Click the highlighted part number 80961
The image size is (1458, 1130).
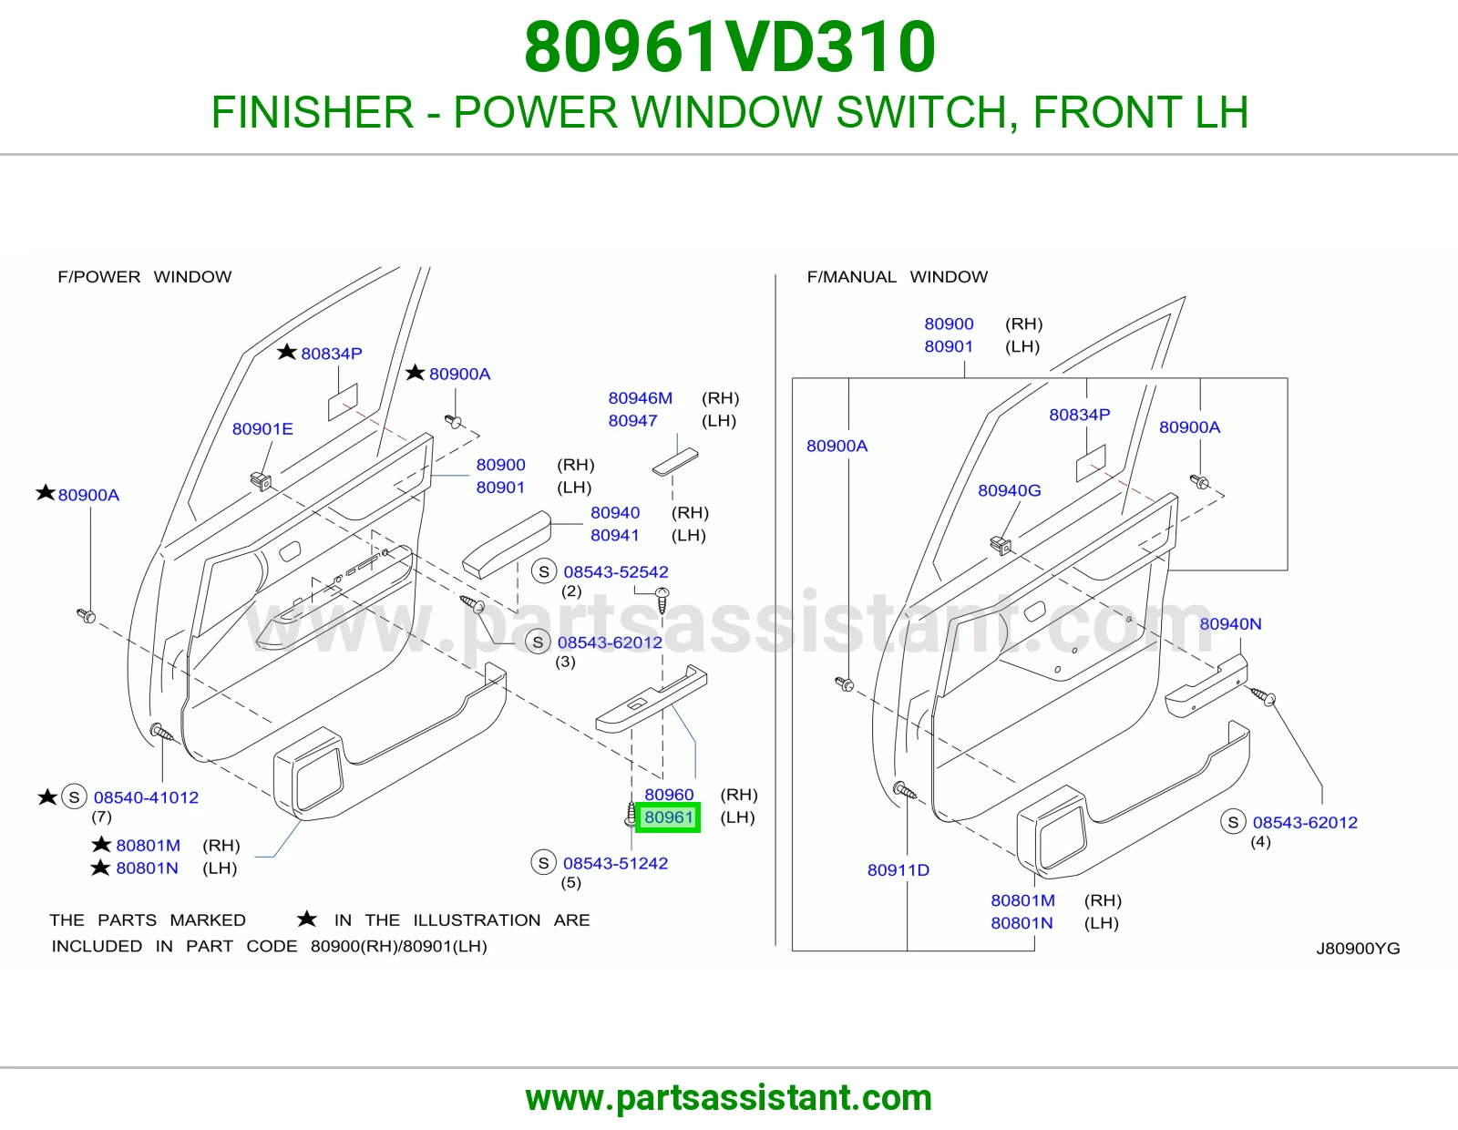pos(668,817)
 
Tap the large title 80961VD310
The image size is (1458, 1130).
pos(729,46)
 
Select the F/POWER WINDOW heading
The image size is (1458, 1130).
pos(144,276)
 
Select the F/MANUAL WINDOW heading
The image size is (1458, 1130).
pos(897,276)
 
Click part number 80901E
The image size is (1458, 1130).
pos(262,429)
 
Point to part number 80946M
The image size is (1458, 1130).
pos(640,398)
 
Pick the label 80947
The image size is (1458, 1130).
pos(632,421)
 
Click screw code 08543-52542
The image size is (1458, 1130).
pos(615,571)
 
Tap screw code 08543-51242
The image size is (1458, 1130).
pos(615,863)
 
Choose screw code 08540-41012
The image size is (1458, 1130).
pos(146,797)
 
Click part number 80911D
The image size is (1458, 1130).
pos(898,869)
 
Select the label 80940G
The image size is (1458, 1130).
pos(1009,490)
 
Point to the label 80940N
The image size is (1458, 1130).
pos(1230,623)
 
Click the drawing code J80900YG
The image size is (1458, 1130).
pos(1358,948)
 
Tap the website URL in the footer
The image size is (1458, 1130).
pos(729,1098)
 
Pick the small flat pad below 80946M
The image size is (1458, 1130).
pos(675,462)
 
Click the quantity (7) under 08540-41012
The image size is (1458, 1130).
pos(101,817)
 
